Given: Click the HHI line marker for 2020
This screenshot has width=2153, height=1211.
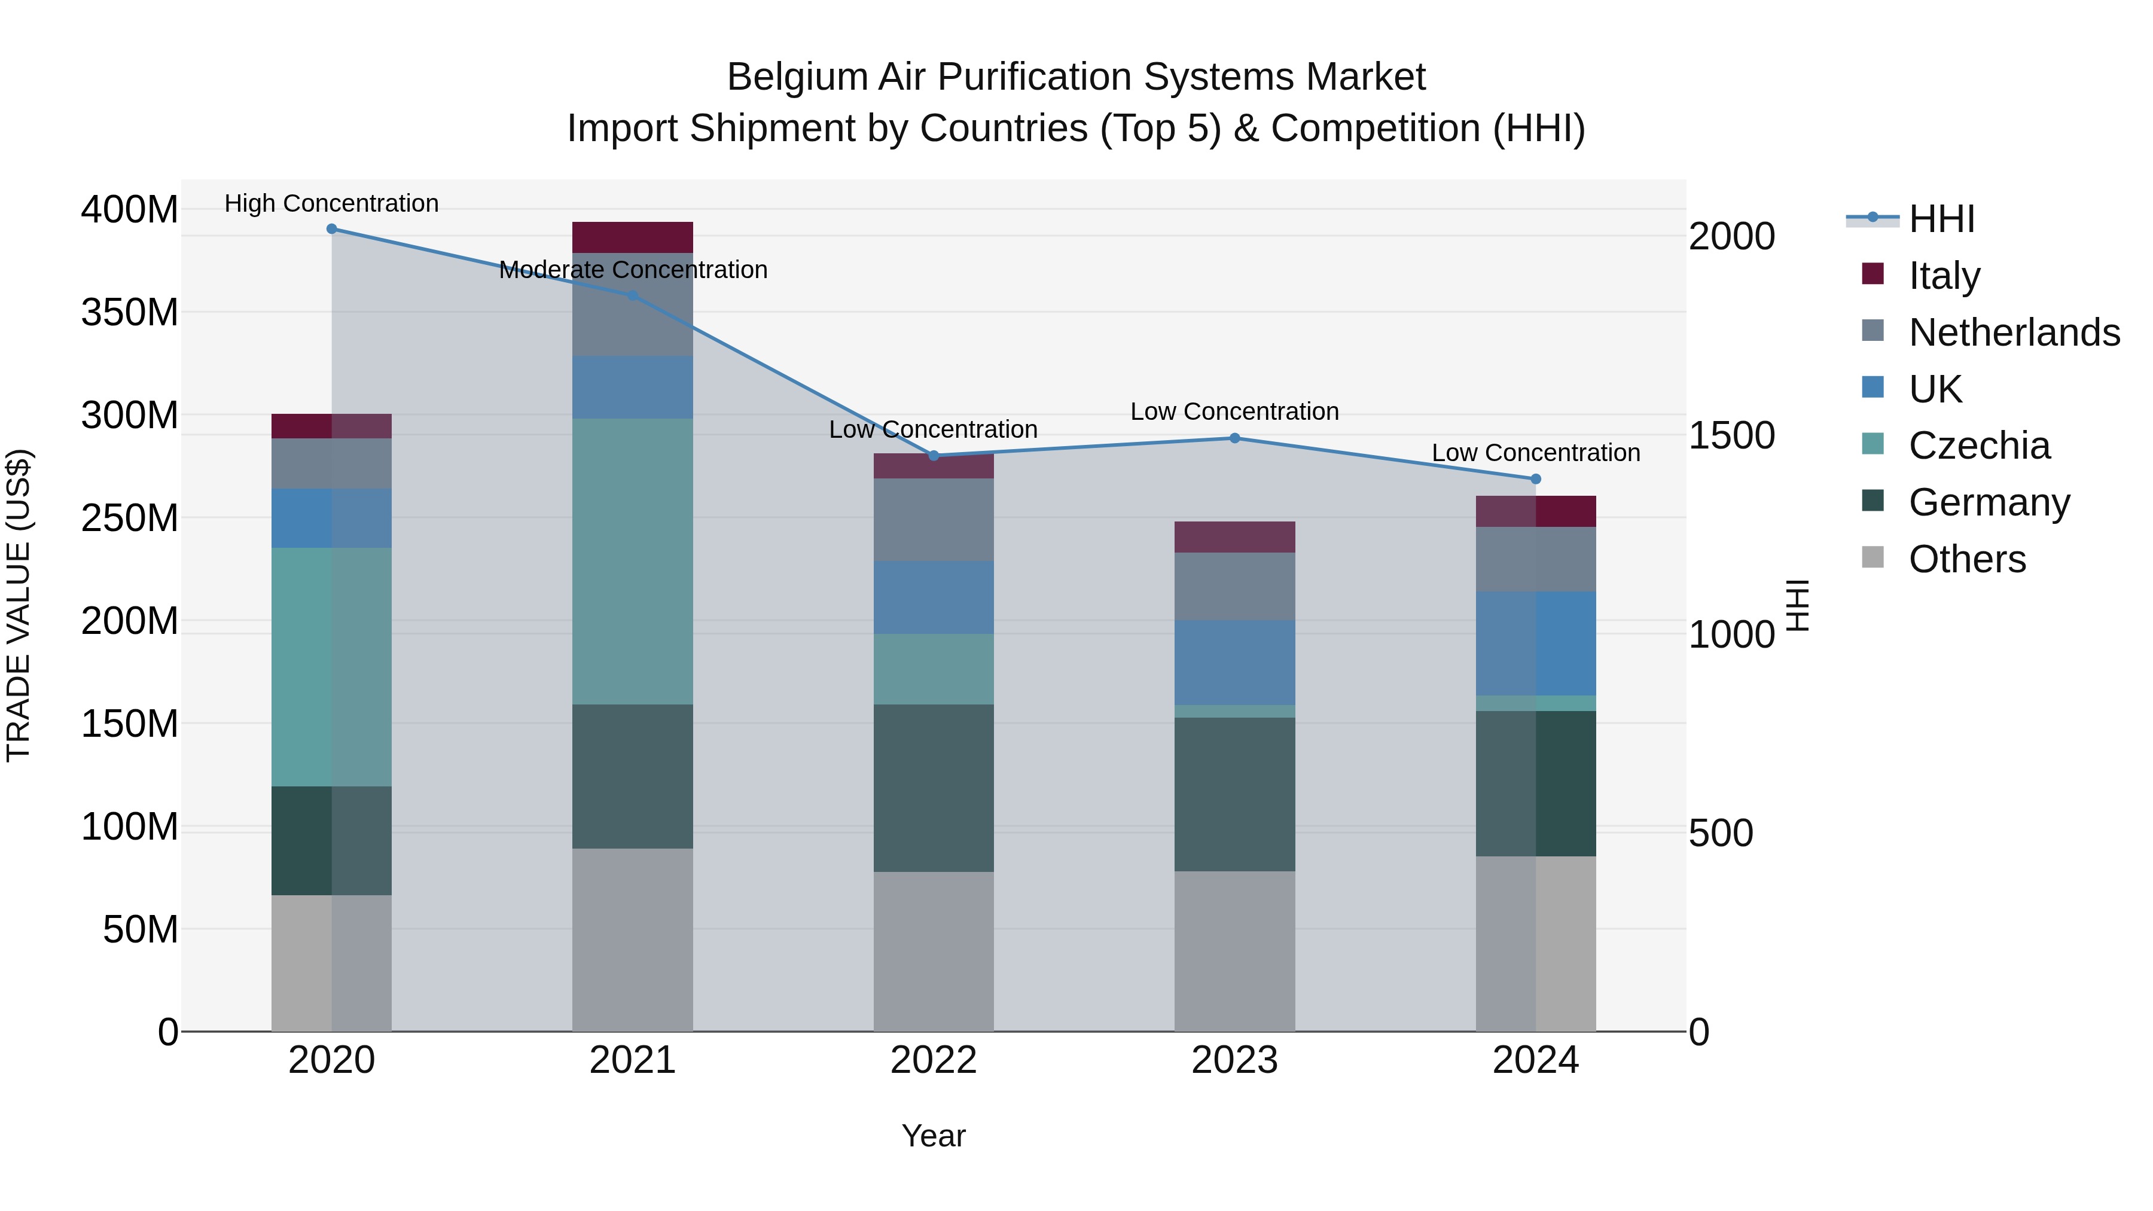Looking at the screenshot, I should coord(332,229).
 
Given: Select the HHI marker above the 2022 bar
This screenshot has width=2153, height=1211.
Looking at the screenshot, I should coord(934,456).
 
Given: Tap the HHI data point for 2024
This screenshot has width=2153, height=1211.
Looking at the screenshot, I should coord(1535,479).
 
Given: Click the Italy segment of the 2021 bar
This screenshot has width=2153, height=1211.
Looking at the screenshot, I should coord(633,237).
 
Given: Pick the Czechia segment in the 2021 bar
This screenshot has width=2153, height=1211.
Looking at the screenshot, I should coord(633,561).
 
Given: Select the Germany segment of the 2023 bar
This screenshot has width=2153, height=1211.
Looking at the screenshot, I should coord(1234,794).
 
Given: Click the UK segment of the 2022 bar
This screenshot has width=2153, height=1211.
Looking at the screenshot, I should coord(934,597).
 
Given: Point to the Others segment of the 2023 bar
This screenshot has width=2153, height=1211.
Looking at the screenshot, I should coord(1234,951).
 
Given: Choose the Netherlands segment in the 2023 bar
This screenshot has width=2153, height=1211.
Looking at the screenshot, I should coord(1234,586).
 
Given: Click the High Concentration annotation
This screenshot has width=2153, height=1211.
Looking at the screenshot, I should coord(332,203).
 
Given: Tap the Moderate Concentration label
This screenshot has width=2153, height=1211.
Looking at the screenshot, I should coord(633,270).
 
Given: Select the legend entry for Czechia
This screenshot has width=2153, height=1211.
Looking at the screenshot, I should coord(1979,446).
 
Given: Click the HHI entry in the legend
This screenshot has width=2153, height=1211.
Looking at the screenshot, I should coord(1941,219).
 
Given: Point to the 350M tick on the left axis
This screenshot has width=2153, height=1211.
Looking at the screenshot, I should coord(130,313).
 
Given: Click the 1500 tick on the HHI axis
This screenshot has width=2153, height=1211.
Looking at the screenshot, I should coord(1731,435).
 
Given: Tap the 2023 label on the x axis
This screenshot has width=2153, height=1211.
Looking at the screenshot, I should coord(1234,1060).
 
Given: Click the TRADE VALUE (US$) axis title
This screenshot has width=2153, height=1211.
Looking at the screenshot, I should coord(19,605).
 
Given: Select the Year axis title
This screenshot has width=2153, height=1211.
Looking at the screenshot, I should coord(934,1136).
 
